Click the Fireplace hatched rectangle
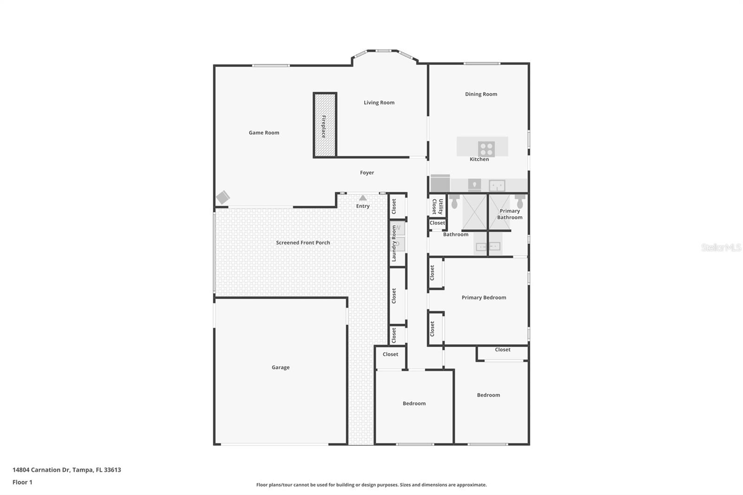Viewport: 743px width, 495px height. pos(325,125)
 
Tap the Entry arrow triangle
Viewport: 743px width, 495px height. pos(363,198)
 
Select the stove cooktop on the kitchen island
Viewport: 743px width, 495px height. pos(486,149)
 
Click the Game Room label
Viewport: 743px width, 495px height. pos(264,133)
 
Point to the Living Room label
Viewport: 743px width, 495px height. pos(379,103)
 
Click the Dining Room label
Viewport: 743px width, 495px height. pos(481,94)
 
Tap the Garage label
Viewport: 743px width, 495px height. pos(280,367)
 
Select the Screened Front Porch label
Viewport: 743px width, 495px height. pos(303,243)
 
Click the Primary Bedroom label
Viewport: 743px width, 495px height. pos(483,298)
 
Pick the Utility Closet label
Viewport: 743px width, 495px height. pos(437,206)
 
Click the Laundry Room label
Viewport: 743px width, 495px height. pos(394,243)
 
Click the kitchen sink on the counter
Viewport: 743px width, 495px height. pos(497,186)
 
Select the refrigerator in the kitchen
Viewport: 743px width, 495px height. pos(440,183)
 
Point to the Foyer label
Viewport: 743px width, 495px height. pos(367,173)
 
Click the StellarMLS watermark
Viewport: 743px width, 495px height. pos(721,247)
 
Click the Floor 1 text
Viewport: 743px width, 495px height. pos(22,482)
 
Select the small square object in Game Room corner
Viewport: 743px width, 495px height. pos(223,197)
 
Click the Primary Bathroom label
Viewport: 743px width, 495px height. pos(509,214)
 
